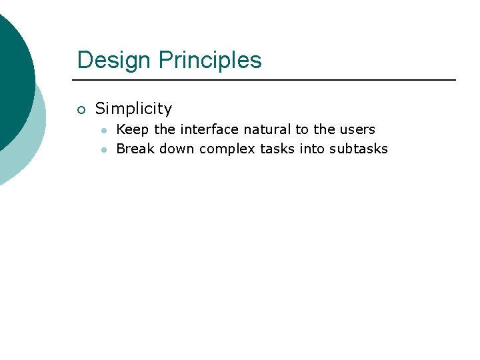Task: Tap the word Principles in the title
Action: coord(210,60)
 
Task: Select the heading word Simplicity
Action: coord(133,109)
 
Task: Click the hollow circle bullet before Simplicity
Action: coord(81,109)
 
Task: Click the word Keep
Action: coord(133,129)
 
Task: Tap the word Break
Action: coord(135,149)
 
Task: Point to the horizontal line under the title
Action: coord(267,80)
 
